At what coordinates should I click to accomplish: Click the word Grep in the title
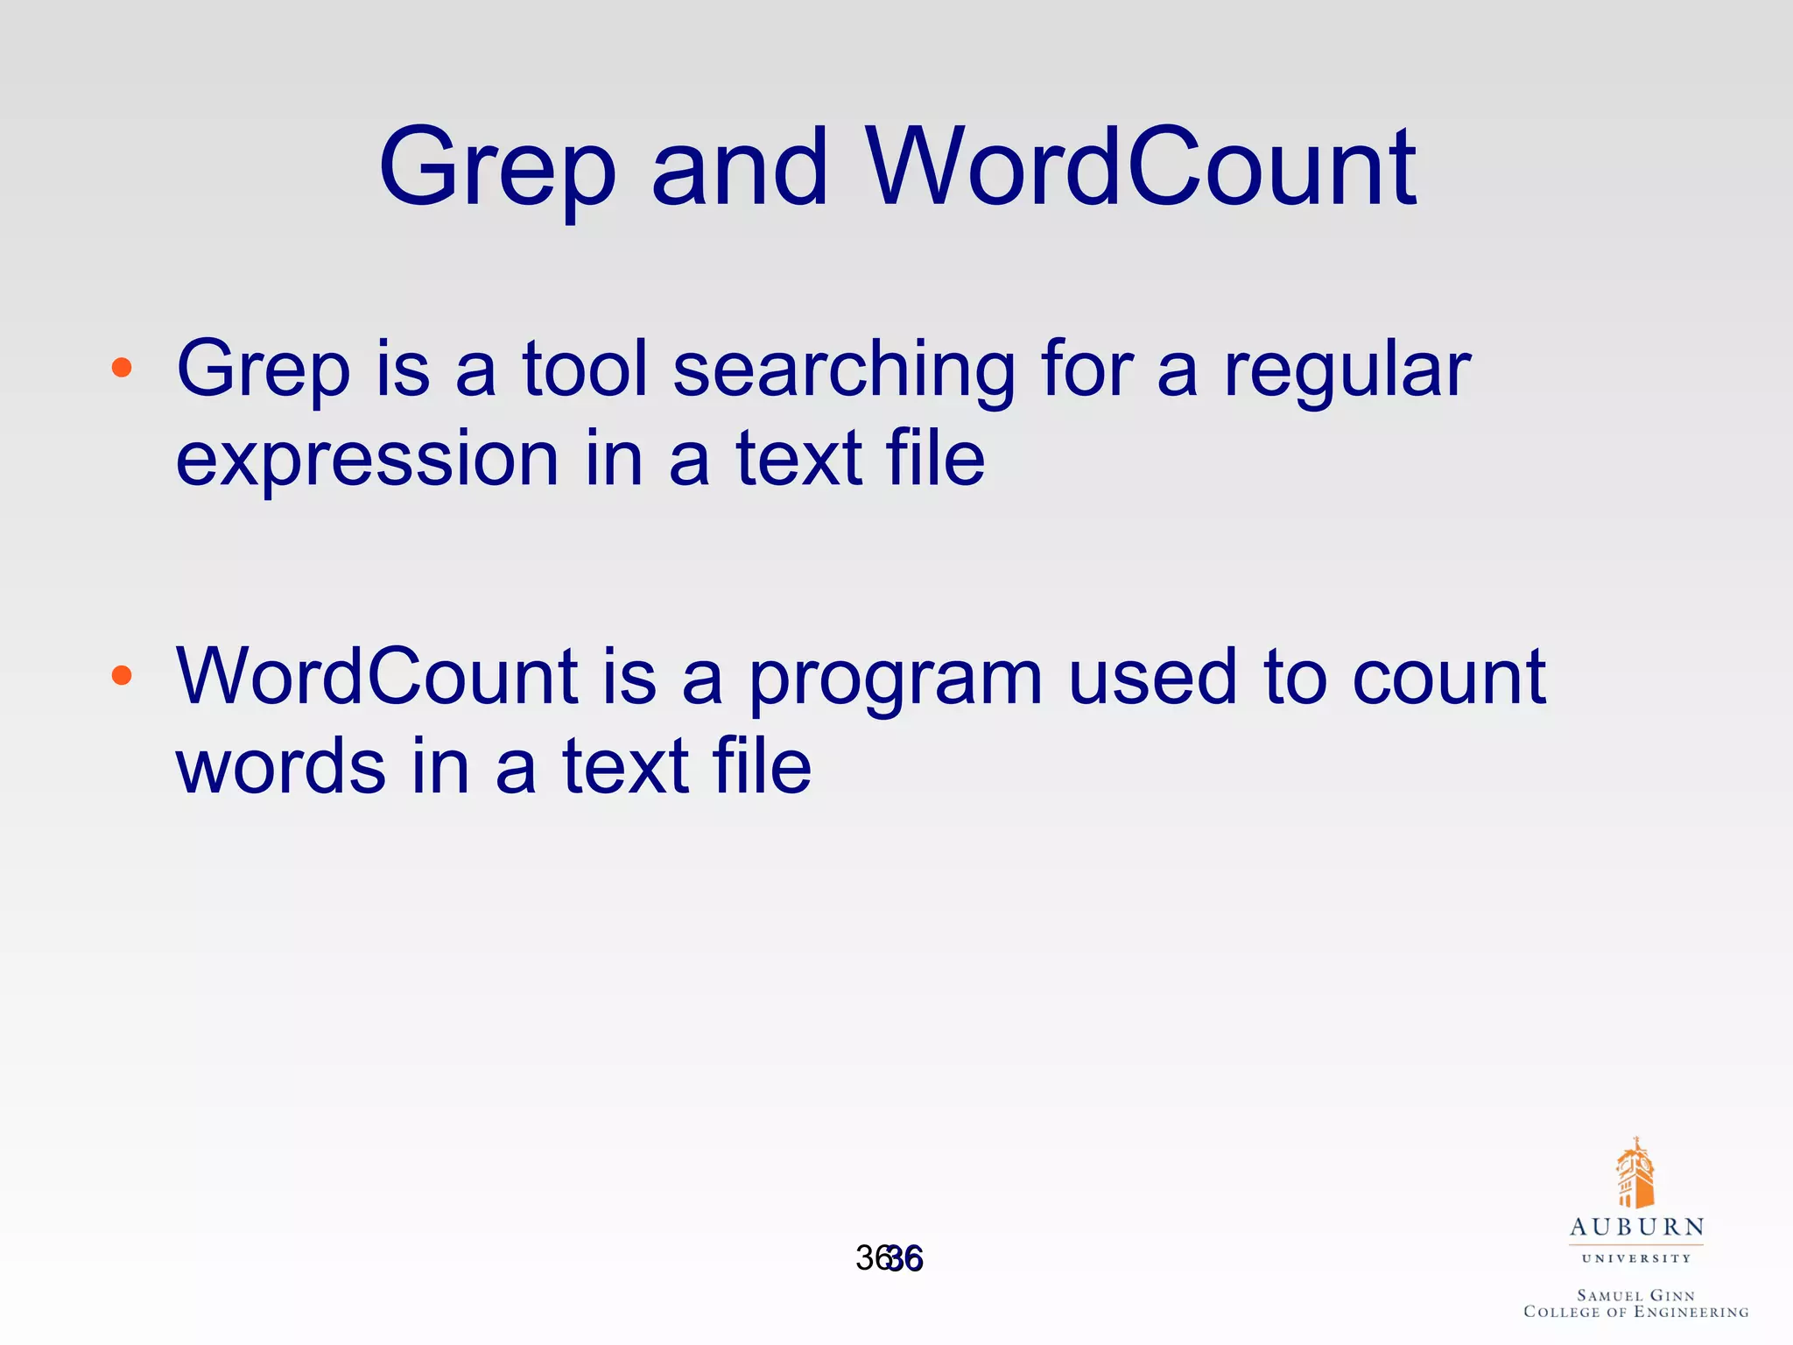496,168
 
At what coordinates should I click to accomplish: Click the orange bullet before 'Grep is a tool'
122,368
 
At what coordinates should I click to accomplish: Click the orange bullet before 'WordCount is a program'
122,675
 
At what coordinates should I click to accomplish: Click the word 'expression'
367,459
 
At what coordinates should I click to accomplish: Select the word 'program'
896,680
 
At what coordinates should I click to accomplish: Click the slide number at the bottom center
889,1258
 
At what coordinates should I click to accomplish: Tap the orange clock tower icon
1635,1174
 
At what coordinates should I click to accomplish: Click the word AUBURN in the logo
1636,1228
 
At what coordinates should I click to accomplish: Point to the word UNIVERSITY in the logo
1635,1258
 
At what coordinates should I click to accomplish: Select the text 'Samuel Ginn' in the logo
1635,1295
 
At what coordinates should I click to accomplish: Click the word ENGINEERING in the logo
1691,1312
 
